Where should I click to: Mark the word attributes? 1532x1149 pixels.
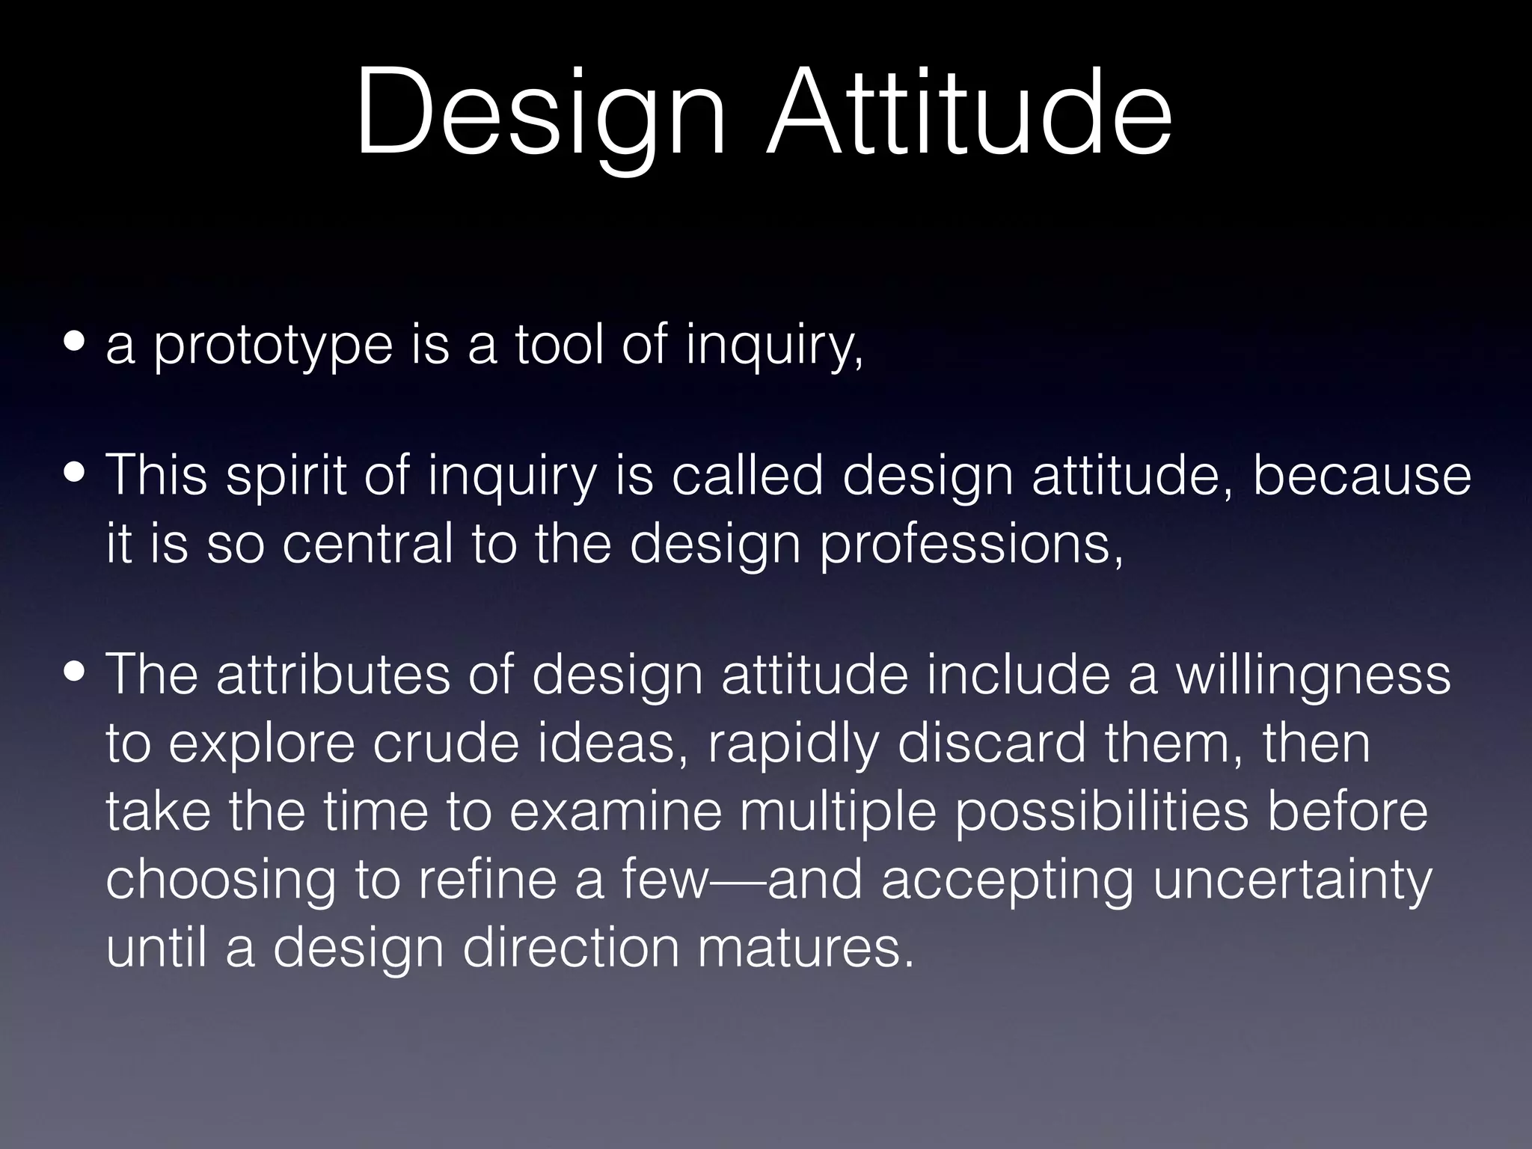tap(334, 675)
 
